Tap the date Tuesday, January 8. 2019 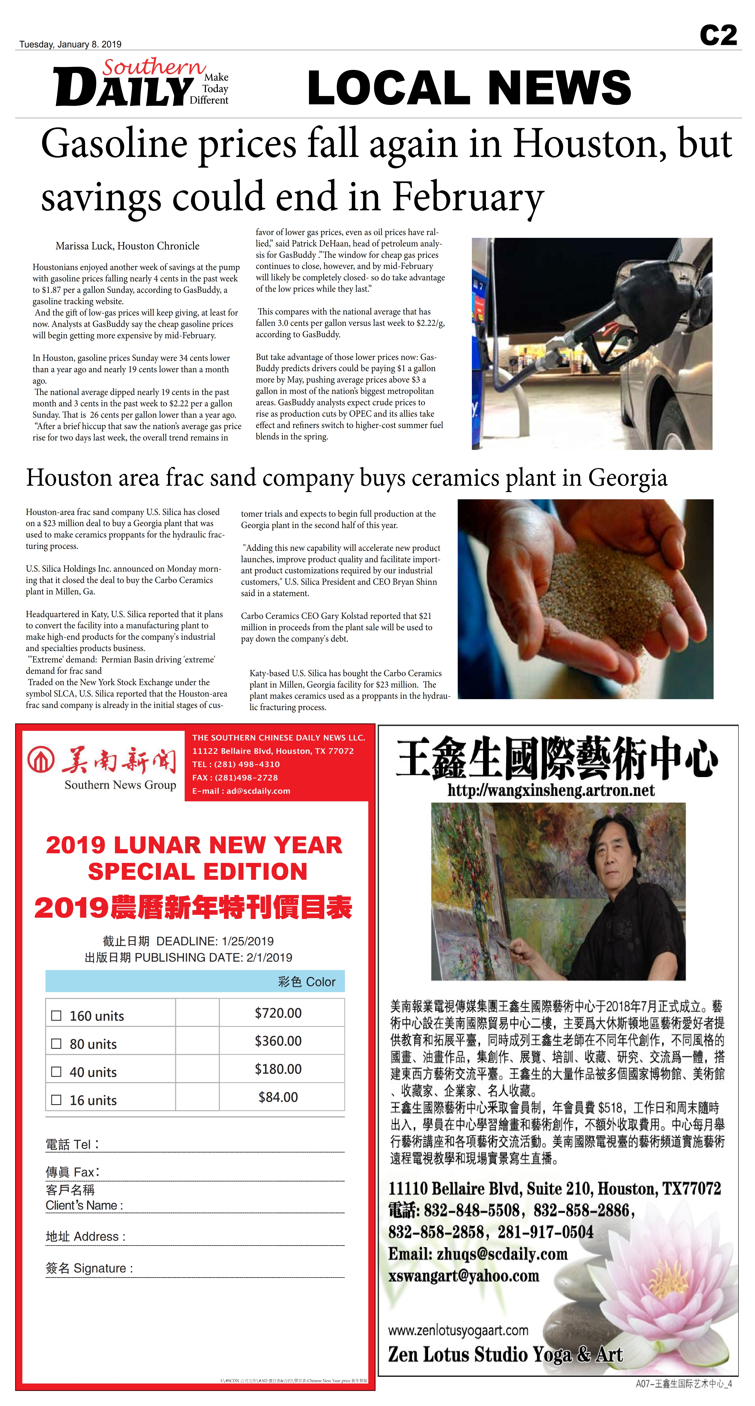[x=70, y=44]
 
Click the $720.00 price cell [x=278, y=1013]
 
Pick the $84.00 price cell [x=278, y=1097]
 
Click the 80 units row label [x=93, y=1044]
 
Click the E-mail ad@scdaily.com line [x=241, y=791]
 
